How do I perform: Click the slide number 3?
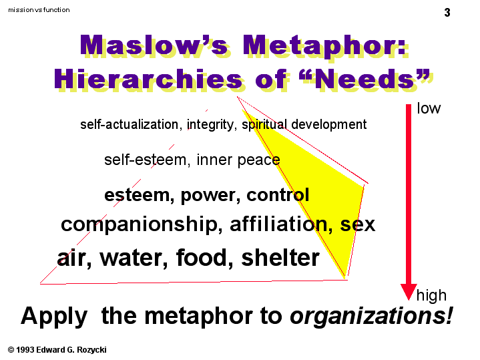(x=447, y=13)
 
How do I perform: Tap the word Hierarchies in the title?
(x=149, y=79)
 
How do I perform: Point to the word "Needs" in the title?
(x=365, y=79)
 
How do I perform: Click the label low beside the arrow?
(x=429, y=108)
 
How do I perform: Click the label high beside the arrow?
(x=431, y=296)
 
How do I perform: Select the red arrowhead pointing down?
(x=409, y=292)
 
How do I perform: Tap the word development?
(x=328, y=125)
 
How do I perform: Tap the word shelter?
(x=280, y=257)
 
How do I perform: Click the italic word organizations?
(x=371, y=316)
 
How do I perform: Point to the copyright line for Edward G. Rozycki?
(x=57, y=350)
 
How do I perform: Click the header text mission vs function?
(x=39, y=10)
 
